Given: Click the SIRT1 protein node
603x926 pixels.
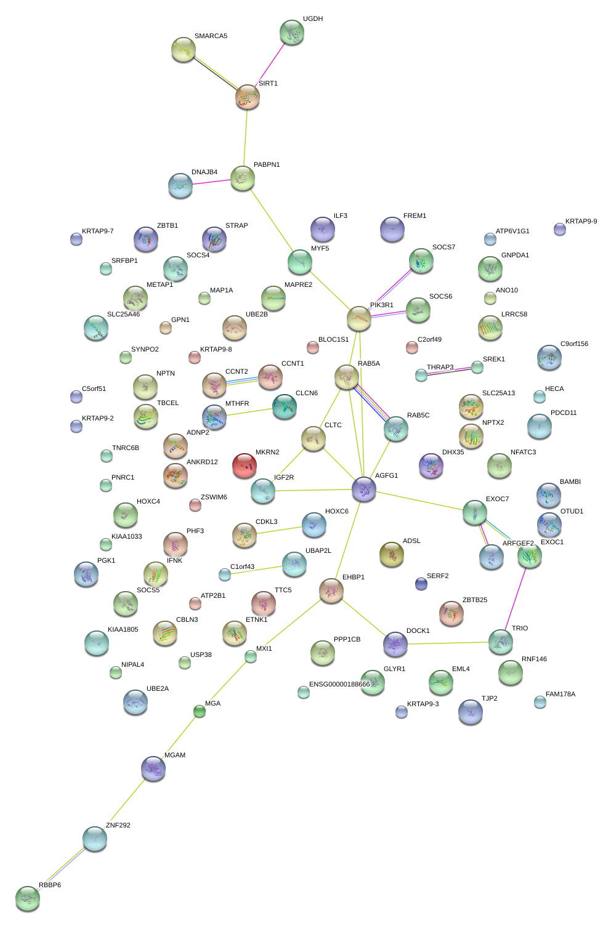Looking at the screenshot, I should (248, 97).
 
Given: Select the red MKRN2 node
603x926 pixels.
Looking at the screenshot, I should (245, 465).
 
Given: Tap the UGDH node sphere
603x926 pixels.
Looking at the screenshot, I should (292, 32).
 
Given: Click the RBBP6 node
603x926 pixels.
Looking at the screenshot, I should (28, 898).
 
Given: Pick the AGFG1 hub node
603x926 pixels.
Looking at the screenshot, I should (364, 489).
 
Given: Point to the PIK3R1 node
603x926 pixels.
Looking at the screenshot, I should (359, 318).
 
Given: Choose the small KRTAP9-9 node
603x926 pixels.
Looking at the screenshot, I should (559, 229).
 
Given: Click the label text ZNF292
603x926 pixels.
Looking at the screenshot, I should (118, 825).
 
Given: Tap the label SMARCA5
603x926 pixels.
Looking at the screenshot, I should (211, 36).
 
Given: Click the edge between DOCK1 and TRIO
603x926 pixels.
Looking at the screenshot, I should (448, 643).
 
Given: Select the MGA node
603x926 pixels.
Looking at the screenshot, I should (200, 711).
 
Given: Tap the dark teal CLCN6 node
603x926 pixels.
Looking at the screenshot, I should (285, 406).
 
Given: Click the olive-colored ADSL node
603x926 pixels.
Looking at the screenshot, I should (392, 554).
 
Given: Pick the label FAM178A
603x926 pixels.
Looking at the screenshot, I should (561, 694).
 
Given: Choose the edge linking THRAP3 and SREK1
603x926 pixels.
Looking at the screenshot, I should (449, 372).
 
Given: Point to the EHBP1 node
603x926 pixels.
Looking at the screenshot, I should (331, 590).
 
